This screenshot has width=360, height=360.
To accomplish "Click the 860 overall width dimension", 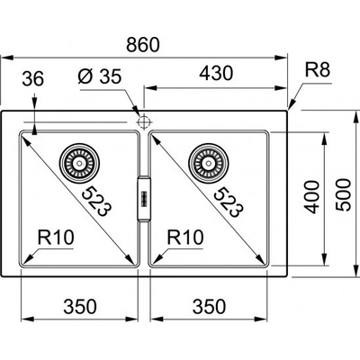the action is [143, 44].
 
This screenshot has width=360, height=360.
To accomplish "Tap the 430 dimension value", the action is [216, 73].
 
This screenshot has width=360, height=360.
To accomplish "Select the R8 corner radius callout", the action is [318, 69].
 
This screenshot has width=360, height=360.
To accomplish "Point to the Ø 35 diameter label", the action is [100, 76].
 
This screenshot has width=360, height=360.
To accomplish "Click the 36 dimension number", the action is [33, 78].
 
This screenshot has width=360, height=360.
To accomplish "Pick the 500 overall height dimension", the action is [343, 194].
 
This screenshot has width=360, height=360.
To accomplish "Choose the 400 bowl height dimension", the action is [311, 197].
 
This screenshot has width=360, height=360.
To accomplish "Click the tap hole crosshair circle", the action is [144, 122].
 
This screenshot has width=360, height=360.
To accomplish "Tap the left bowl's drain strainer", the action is [79, 164].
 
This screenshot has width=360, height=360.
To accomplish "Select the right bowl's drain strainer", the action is [208, 164].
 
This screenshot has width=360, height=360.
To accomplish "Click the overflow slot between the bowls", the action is [144, 199].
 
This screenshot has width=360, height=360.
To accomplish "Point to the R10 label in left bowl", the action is [56, 237].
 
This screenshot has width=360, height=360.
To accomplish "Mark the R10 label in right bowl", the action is [185, 237].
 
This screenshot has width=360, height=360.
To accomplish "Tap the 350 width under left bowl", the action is [80, 306].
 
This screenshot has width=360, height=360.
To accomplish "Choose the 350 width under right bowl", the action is [209, 306].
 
